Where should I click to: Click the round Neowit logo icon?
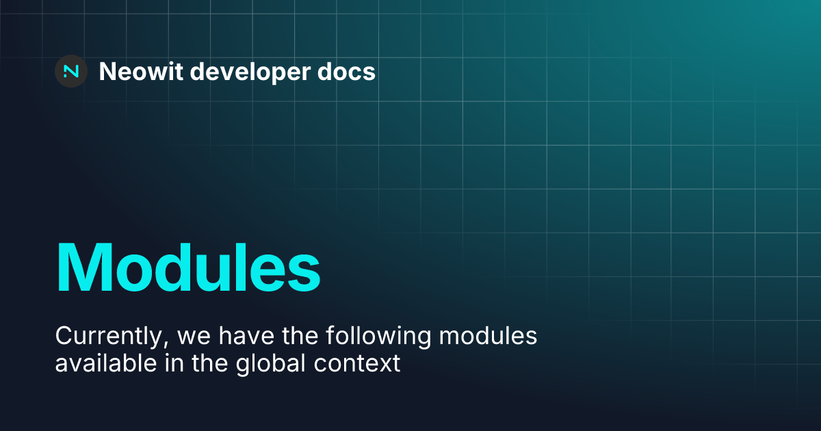pyautogui.click(x=70, y=71)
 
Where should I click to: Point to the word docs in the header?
pyautogui.click(x=350, y=71)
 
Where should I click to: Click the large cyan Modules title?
pyautogui.click(x=188, y=267)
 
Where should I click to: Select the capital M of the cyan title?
pyautogui.click(x=84, y=267)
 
